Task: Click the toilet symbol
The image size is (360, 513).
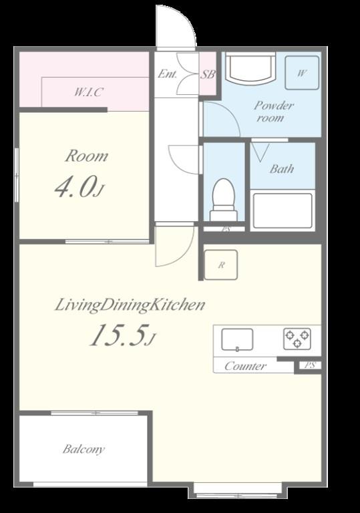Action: [x=224, y=200]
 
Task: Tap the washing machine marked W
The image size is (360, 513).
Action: [x=302, y=73]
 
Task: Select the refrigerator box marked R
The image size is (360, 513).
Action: [x=221, y=265]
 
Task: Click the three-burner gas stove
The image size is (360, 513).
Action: [x=297, y=339]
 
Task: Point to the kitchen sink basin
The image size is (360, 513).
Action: [x=237, y=340]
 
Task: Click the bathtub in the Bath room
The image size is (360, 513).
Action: [x=283, y=210]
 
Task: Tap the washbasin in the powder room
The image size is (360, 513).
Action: [x=251, y=68]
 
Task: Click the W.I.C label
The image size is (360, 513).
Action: [x=89, y=92]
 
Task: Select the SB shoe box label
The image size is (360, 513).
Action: [x=208, y=75]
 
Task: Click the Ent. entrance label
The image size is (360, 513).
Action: [x=167, y=74]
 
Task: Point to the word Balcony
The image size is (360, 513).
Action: [x=83, y=449]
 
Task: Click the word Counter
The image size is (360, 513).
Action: [x=246, y=366]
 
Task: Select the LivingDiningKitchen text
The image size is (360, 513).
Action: [x=130, y=305]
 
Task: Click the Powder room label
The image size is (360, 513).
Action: [x=274, y=112]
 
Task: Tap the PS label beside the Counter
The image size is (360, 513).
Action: [x=310, y=365]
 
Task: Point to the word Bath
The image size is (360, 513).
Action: [x=281, y=169]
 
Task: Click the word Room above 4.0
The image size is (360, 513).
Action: [x=86, y=156]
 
